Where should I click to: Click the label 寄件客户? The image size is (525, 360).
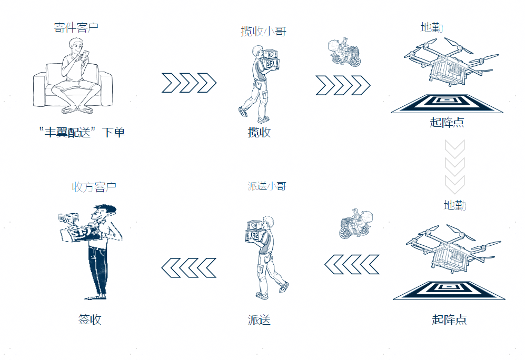pyautogui.click(x=76, y=27)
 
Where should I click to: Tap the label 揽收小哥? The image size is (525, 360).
pyautogui.click(x=263, y=31)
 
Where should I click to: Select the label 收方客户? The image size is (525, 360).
pyautogui.click(x=94, y=187)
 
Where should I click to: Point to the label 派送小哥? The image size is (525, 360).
pyautogui.click(x=267, y=186)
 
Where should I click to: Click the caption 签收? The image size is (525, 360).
pyautogui.click(x=90, y=319)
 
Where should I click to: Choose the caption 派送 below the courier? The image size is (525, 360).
pyautogui.click(x=259, y=319)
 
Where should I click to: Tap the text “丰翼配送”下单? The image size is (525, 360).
pyautogui.click(x=82, y=132)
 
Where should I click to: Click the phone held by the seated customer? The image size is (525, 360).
pyautogui.click(x=86, y=55)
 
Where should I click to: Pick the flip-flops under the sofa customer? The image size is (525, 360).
pyautogui.click(x=77, y=110)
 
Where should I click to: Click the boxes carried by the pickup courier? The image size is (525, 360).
pyautogui.click(x=270, y=59)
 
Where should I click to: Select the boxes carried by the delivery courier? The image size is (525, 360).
pyautogui.click(x=254, y=231)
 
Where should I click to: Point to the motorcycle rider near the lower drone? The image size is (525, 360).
pyautogui.click(x=355, y=224)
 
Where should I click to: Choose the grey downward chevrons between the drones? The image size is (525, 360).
pyautogui.click(x=454, y=167)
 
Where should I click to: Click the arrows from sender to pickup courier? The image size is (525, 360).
pyautogui.click(x=189, y=83)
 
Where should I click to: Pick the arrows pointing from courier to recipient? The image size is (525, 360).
pyautogui.click(x=189, y=268)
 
